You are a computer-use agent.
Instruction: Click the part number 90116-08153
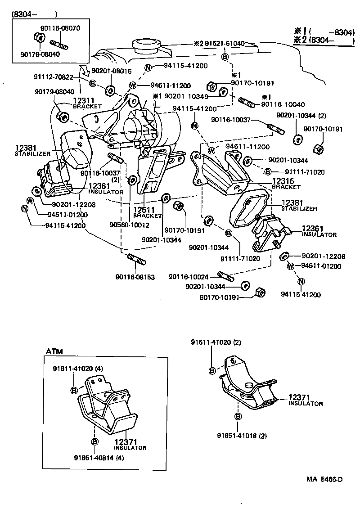(x=135, y=277)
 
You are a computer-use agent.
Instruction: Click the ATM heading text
(x=54, y=351)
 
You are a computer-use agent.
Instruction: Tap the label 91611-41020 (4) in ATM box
(x=78, y=368)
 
